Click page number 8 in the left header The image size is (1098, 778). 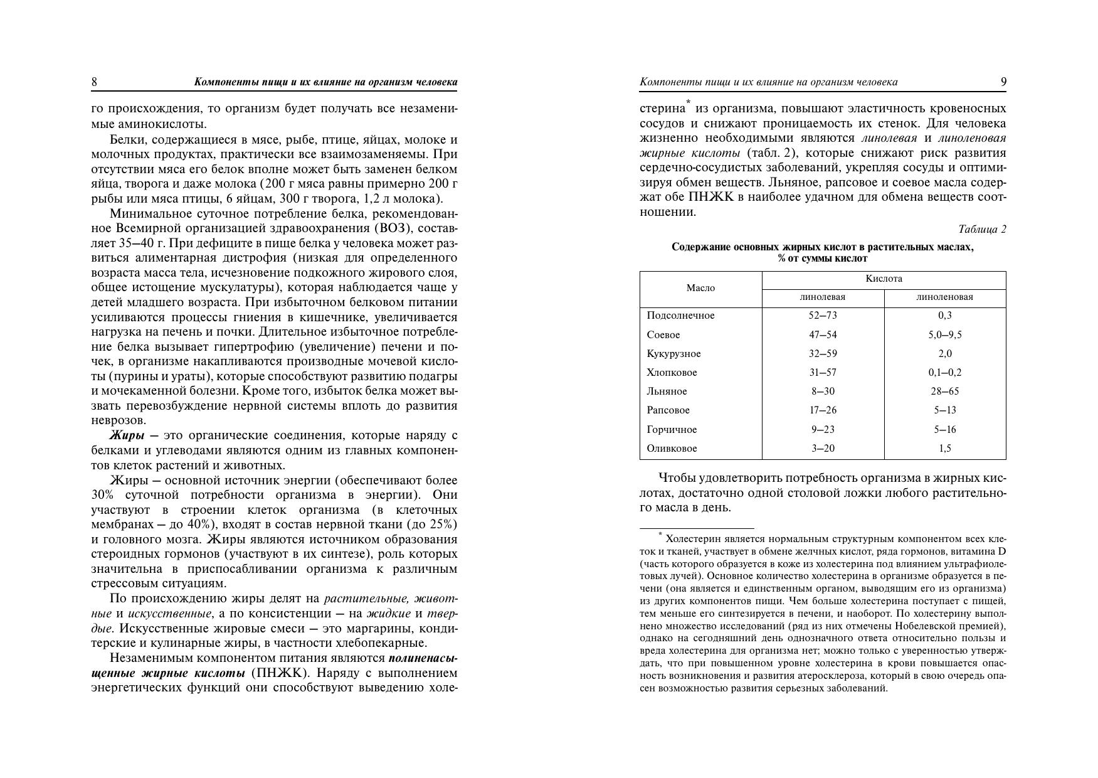(94, 82)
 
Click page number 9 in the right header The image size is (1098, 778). (1003, 82)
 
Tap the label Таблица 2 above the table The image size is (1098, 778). (982, 230)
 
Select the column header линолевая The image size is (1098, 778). (822, 297)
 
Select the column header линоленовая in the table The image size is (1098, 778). (944, 297)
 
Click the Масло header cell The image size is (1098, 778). (700, 288)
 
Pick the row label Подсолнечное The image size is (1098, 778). (680, 316)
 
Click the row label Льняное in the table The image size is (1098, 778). (667, 392)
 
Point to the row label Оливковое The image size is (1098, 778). (672, 449)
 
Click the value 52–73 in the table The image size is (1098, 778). (823, 316)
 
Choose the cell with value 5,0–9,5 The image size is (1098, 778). (944, 335)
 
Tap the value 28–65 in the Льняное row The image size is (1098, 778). (944, 392)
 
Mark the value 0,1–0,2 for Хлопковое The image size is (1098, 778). (944, 373)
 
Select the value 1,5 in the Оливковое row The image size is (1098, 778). (944, 449)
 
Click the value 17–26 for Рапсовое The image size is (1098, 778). (823, 410)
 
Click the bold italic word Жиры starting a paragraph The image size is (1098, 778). (127, 435)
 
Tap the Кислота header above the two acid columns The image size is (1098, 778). (884, 279)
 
